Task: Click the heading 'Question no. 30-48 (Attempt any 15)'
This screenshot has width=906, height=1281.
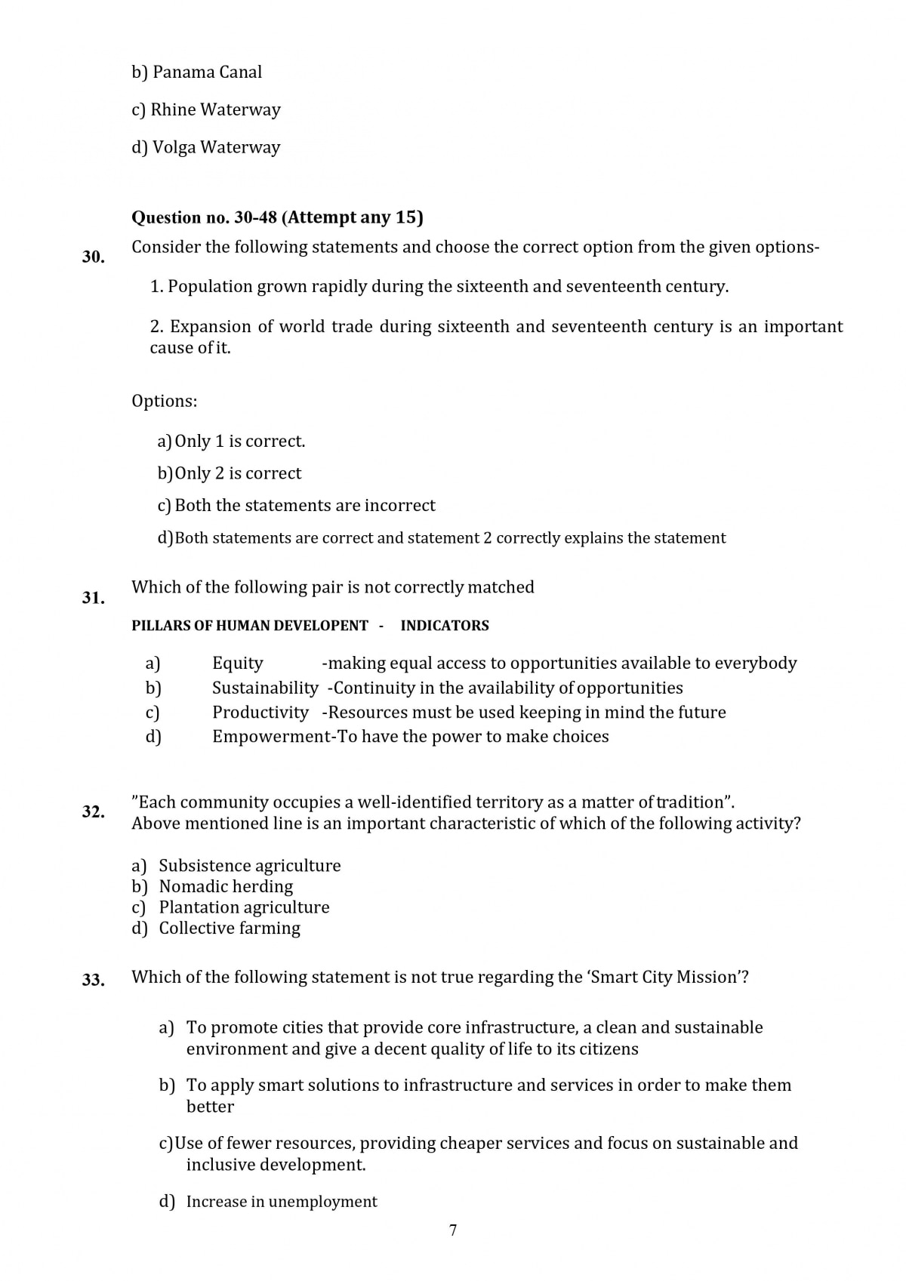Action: click(277, 217)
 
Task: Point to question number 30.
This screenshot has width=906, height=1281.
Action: click(94, 257)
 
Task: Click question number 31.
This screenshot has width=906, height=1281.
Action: click(94, 598)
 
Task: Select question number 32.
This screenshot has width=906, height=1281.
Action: click(94, 812)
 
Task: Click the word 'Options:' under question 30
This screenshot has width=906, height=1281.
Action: click(164, 401)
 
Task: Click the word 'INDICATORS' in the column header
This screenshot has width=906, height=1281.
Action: click(445, 626)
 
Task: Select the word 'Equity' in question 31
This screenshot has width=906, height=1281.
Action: click(238, 664)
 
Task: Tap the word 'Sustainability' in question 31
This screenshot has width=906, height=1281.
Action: click(265, 688)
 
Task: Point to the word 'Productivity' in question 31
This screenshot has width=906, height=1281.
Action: click(260, 713)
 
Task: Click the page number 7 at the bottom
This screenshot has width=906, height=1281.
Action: click(453, 1230)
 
